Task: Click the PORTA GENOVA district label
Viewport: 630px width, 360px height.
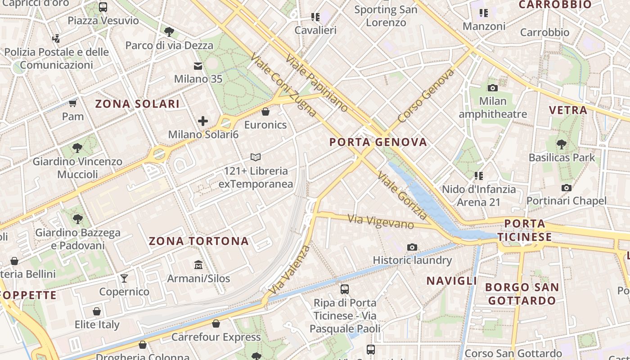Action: click(x=378, y=143)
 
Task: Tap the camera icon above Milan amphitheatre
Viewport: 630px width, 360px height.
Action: click(x=493, y=88)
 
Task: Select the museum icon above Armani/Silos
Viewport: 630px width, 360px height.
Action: click(x=198, y=265)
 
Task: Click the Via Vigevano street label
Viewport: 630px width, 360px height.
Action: click(x=381, y=221)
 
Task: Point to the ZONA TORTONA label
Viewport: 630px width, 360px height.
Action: click(x=198, y=241)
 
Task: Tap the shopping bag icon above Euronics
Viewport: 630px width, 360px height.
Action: click(x=265, y=112)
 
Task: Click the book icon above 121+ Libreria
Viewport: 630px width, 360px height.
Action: click(x=256, y=157)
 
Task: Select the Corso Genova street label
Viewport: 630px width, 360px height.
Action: click(x=426, y=96)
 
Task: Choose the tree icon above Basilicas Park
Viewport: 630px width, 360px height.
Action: click(x=561, y=144)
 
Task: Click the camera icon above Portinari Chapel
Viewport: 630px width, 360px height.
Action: click(x=567, y=188)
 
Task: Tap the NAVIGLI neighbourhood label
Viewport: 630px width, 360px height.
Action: click(x=451, y=281)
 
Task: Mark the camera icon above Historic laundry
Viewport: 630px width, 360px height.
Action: click(x=412, y=247)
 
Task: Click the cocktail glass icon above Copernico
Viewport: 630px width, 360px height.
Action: click(x=124, y=278)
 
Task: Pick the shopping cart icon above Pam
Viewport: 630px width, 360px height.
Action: click(x=72, y=103)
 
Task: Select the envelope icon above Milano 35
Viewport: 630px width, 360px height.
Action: click(x=198, y=66)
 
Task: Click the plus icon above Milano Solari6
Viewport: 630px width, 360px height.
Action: click(x=203, y=121)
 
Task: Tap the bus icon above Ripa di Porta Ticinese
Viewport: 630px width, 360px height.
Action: click(x=345, y=289)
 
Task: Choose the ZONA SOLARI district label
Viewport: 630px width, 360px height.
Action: click(x=137, y=104)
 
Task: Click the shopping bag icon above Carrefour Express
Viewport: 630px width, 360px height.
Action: click(x=216, y=324)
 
